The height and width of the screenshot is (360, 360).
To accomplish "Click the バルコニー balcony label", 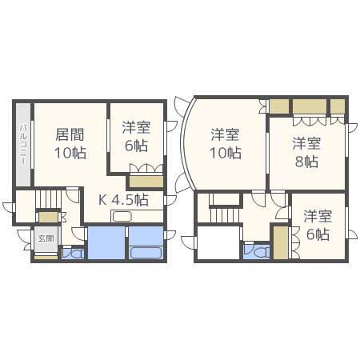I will [x=24, y=144].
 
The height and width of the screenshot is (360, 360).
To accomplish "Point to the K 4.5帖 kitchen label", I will [x=123, y=199].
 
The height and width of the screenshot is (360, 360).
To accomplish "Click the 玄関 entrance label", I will [x=45, y=238].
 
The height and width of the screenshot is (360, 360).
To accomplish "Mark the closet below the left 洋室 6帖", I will [x=147, y=181].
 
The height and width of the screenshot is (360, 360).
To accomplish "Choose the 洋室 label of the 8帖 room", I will [x=306, y=144].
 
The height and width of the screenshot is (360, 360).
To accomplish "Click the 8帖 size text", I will [x=306, y=162].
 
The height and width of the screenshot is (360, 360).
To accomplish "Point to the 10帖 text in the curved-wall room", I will [x=226, y=152].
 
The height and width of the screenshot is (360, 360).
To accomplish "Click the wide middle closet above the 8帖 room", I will [x=309, y=106].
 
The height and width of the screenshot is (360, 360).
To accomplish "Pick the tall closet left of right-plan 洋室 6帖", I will [x=280, y=242].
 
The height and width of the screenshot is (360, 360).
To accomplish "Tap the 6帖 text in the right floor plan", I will [x=318, y=234].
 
